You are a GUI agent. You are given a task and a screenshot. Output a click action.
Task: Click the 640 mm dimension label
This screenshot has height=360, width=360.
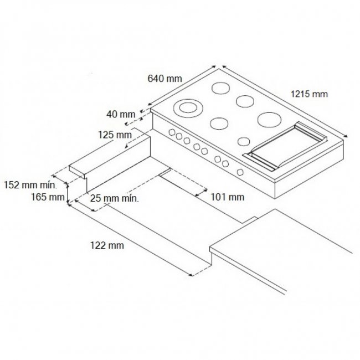(x=164, y=79)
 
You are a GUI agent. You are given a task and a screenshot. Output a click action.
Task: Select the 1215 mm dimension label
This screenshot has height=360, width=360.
(x=309, y=94)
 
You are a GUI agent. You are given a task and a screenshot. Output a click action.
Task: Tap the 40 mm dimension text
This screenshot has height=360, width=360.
(x=121, y=114)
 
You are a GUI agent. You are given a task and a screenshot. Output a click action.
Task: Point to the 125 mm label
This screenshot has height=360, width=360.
(x=115, y=135)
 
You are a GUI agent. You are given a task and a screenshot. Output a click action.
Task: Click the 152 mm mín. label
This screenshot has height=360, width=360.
(x=30, y=185)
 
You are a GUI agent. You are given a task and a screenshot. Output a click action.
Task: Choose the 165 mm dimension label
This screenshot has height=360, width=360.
(x=48, y=197)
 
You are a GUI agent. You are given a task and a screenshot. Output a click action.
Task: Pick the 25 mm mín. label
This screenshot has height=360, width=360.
(x=114, y=198)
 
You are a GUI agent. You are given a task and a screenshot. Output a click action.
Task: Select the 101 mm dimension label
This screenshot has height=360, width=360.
(x=227, y=197)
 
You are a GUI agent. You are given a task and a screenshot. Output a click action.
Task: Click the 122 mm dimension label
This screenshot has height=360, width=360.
(x=107, y=245)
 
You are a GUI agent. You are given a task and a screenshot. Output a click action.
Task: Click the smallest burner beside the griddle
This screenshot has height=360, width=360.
(x=244, y=141)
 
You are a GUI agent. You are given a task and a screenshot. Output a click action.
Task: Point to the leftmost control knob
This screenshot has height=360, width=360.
(x=172, y=132)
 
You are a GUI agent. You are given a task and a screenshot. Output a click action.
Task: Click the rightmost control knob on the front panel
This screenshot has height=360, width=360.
(x=240, y=172)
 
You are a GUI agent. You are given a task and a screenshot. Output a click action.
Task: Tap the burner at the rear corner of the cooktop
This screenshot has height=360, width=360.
(x=220, y=88)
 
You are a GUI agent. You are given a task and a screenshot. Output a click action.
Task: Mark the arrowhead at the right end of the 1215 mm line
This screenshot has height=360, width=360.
(x=346, y=136)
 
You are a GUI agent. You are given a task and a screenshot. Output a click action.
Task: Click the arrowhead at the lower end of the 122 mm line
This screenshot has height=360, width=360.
(x=191, y=275)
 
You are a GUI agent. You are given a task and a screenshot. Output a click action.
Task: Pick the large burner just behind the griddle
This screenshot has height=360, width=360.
(x=269, y=120)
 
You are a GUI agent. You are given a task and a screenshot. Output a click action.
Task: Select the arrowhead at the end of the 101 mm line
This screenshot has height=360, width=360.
(x=197, y=196)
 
